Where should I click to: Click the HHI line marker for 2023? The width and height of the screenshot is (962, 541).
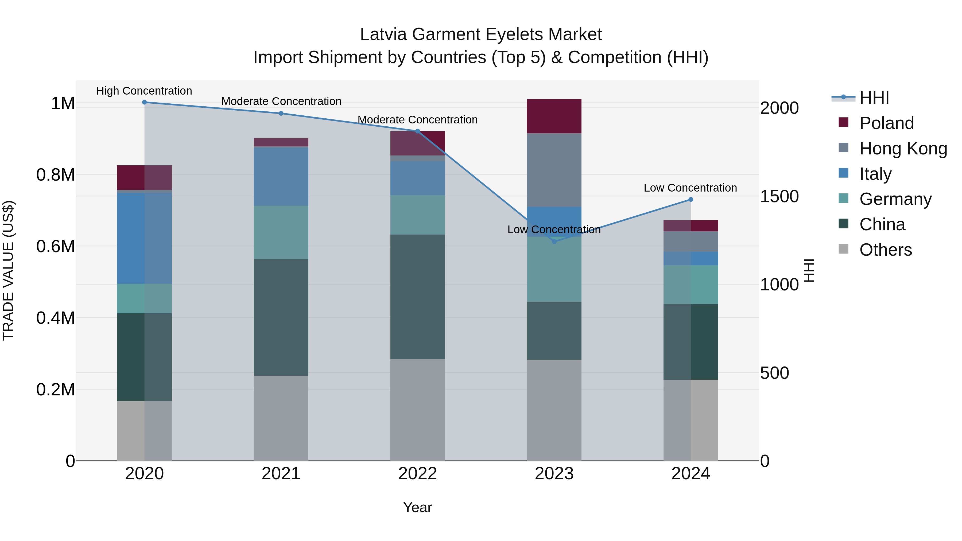(554, 242)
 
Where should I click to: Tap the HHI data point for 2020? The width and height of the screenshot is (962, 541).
(145, 102)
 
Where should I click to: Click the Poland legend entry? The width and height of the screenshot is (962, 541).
(886, 123)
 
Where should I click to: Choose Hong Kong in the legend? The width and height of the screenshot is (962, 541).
(903, 149)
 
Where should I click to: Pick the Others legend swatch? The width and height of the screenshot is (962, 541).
(843, 249)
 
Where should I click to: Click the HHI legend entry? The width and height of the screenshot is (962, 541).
(874, 98)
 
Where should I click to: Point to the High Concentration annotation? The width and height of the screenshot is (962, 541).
(144, 91)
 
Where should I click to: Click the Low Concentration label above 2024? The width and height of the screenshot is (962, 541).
(690, 188)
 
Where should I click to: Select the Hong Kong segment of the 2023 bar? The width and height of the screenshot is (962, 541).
(554, 170)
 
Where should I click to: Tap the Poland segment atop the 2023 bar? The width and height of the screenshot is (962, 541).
(554, 116)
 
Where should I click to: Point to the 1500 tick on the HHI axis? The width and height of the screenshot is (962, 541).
(779, 196)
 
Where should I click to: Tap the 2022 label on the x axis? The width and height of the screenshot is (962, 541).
(417, 474)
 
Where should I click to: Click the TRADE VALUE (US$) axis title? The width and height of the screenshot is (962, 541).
(8, 270)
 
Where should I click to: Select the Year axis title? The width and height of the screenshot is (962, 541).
(417, 507)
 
